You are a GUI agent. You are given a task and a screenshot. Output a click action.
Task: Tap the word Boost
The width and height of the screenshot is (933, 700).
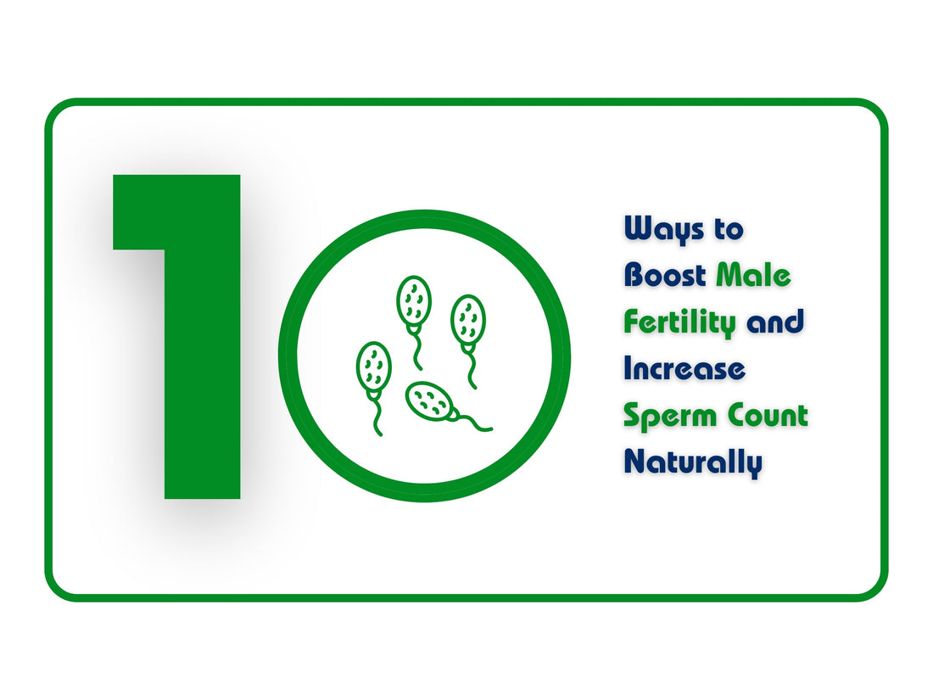coord(665,275)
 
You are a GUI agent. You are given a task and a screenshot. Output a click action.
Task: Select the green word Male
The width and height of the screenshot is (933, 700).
coord(753,275)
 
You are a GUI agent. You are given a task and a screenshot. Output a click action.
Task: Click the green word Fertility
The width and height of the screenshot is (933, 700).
coord(679,322)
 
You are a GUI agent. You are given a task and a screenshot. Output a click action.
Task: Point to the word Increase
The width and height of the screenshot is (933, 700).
coord(684,368)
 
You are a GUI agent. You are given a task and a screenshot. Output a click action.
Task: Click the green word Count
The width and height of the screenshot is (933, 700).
coord(771,415)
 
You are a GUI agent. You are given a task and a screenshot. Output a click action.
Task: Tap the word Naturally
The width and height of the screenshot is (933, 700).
coord(692,462)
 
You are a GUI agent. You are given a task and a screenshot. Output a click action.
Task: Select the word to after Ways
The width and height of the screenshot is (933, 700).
coord(729,229)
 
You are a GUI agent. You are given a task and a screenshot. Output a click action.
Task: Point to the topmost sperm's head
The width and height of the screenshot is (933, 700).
coord(414,299)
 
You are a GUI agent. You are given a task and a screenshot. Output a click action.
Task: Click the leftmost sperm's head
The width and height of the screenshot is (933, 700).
coord(373,366)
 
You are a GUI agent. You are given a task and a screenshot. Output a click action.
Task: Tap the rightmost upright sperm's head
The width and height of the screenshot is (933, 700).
coord(467,318)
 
